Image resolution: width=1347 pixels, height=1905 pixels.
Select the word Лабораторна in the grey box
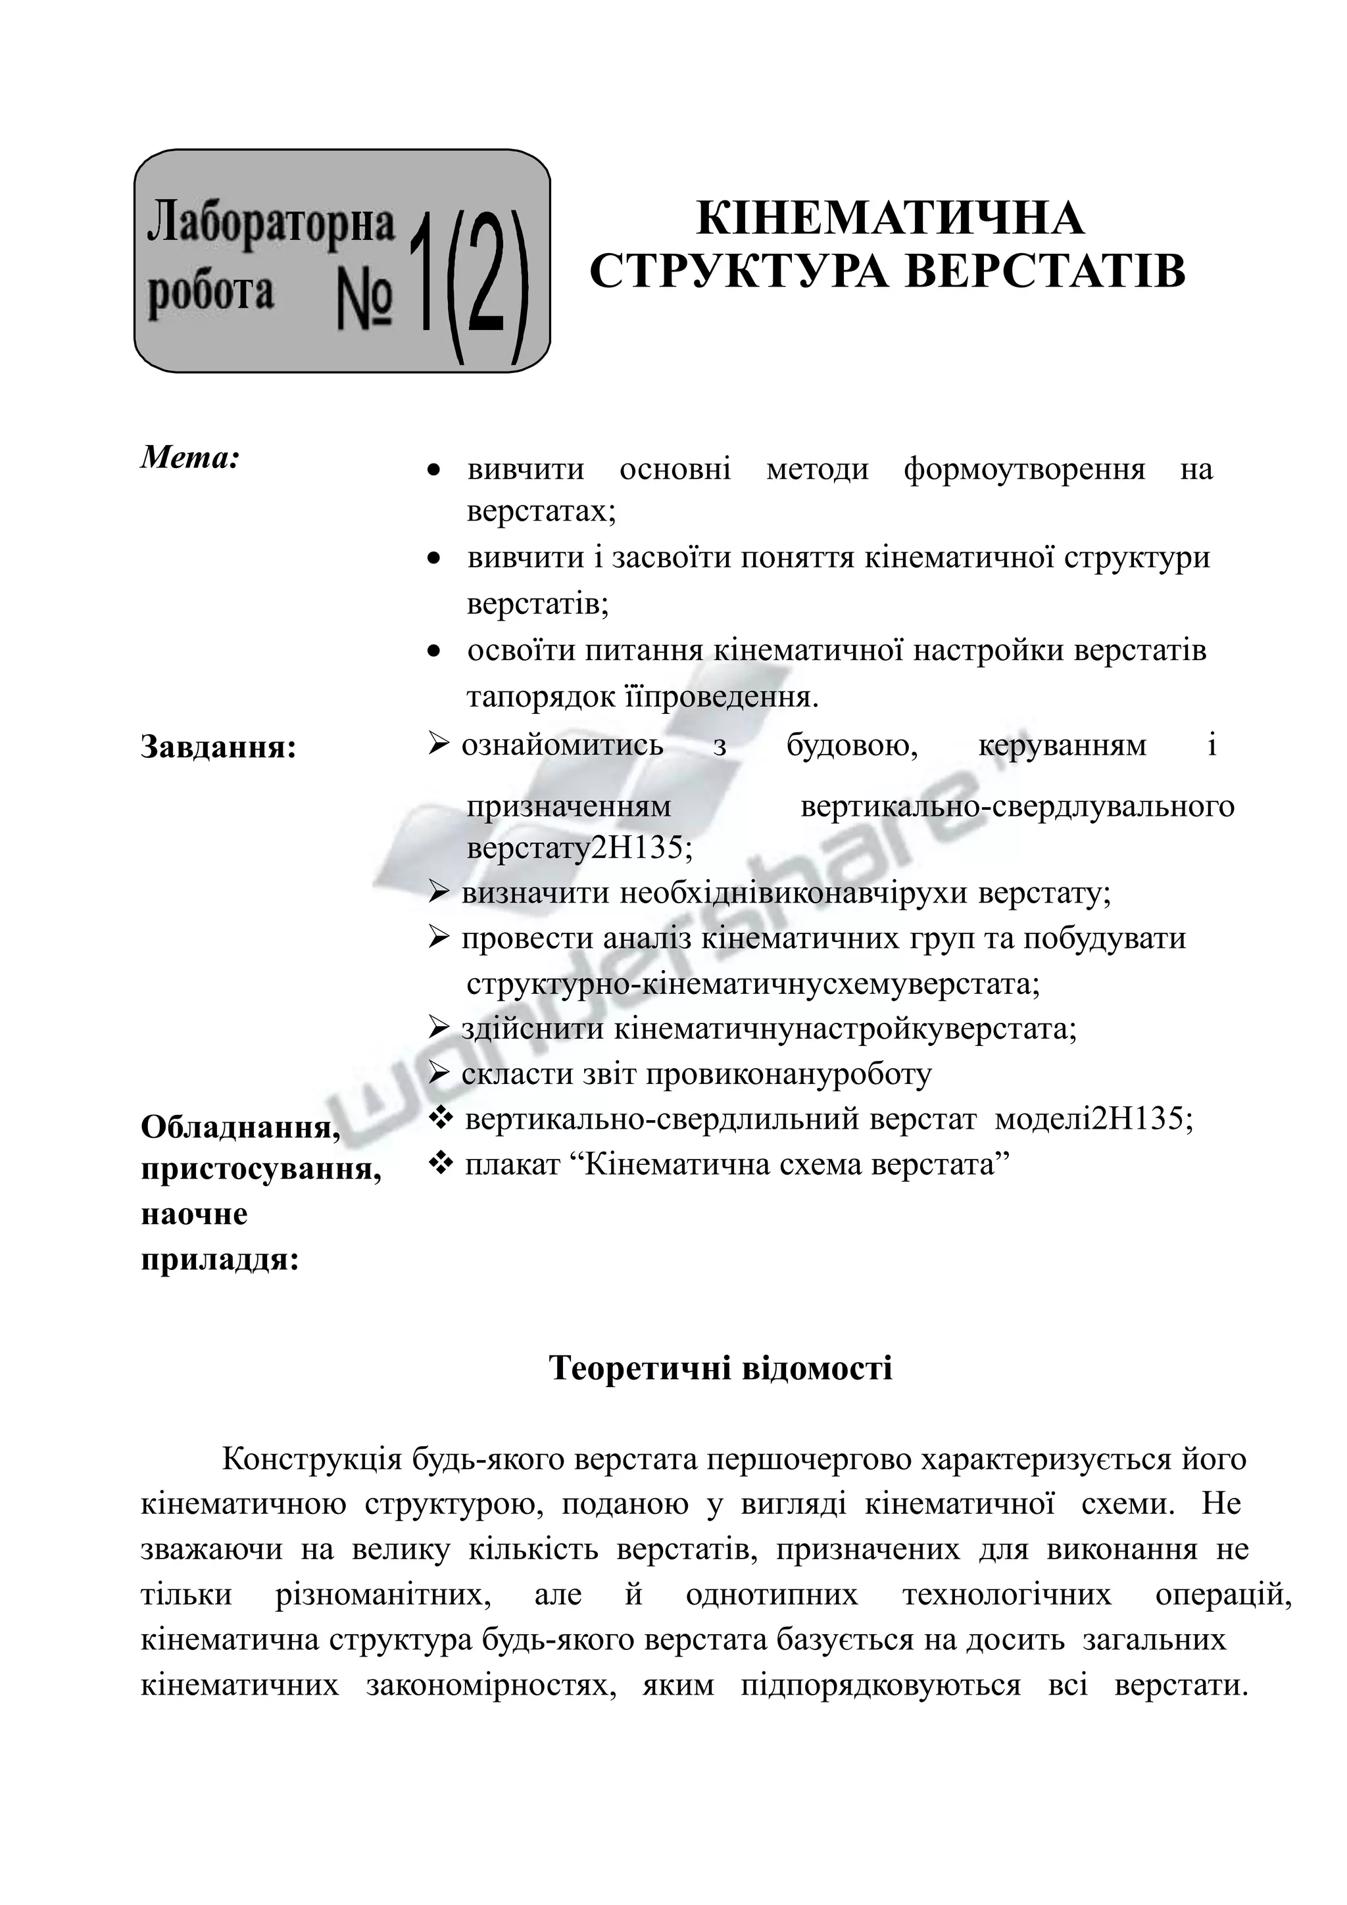270,224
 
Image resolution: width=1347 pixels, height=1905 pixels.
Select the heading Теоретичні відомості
720,1367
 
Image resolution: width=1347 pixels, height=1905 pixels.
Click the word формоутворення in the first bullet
1024,469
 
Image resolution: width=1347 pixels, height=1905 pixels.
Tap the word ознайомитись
562,745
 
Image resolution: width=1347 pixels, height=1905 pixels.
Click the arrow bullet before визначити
438,892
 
